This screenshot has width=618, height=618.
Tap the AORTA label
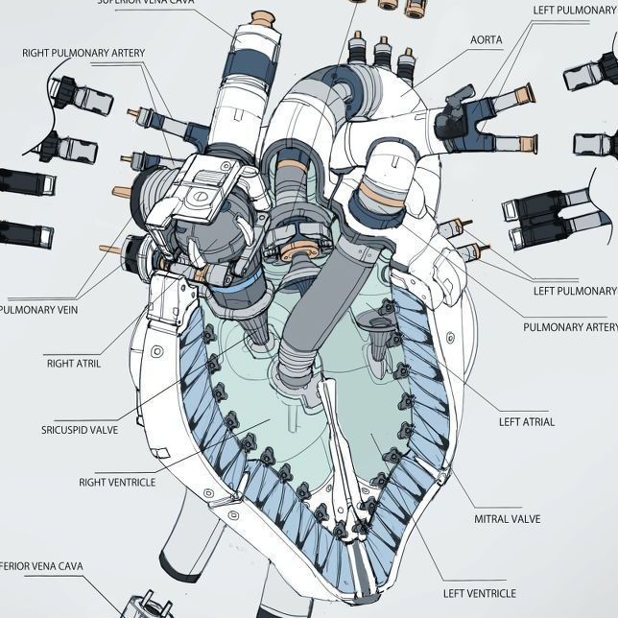pos(487,40)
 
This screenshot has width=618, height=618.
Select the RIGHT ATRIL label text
pos(73,364)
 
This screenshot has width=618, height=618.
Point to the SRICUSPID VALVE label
pos(80,430)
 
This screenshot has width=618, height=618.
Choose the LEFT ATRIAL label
pos(526,421)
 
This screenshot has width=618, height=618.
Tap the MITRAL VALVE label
pos(507,519)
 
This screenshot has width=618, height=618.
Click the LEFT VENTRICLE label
pos(479,594)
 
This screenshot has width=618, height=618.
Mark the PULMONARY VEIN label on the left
pos(38,310)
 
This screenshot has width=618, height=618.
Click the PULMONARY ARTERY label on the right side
pos(570,327)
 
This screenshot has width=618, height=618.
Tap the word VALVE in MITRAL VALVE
pos(523,519)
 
